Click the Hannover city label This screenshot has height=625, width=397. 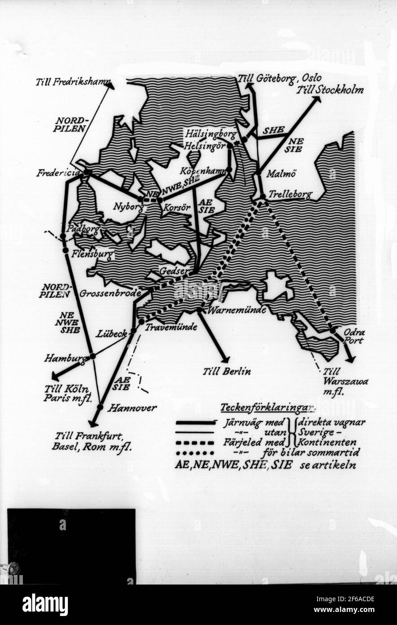tap(132, 408)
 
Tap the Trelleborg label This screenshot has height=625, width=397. tap(290, 195)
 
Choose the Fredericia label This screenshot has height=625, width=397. tap(58, 173)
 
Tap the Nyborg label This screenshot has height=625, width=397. tap(128, 207)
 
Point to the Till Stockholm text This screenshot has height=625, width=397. tap(330, 89)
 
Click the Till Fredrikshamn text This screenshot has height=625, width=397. tap(73, 82)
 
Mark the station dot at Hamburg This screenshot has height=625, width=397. tap(93, 356)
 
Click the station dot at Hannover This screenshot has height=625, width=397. tap(100, 407)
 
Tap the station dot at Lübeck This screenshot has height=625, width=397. tap(134, 330)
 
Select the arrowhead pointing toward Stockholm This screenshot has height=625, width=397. tap(317, 99)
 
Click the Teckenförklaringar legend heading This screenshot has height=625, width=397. tap(267, 408)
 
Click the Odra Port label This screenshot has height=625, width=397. tap(354, 336)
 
